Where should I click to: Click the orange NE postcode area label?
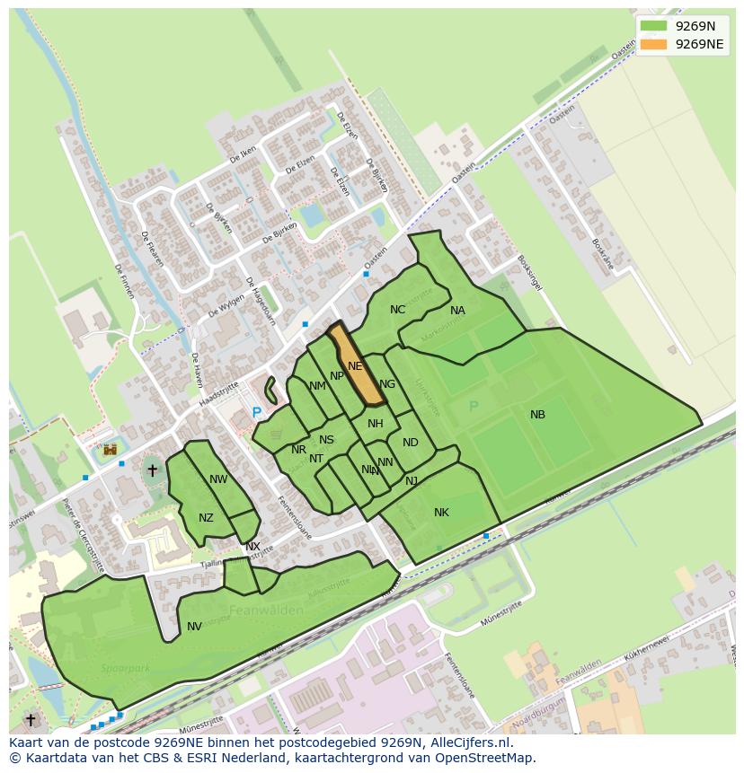[355, 366]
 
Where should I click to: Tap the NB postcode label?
[537, 415]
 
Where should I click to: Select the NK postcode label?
[441, 513]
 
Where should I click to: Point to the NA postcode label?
[457, 311]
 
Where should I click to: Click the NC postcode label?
[397, 310]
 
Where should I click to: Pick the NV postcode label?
[194, 627]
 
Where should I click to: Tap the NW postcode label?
[218, 479]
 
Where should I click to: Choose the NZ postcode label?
[207, 518]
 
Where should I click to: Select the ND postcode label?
[411, 443]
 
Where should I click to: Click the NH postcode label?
[376, 424]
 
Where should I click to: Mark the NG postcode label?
[387, 384]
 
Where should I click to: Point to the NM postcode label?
[317, 387]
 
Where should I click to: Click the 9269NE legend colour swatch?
[654, 44]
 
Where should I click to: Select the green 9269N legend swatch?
[654, 26]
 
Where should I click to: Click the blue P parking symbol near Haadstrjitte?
[257, 413]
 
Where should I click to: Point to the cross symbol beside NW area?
[152, 470]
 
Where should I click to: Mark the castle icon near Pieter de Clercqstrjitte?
[111, 449]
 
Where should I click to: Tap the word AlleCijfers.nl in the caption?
[469, 742]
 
